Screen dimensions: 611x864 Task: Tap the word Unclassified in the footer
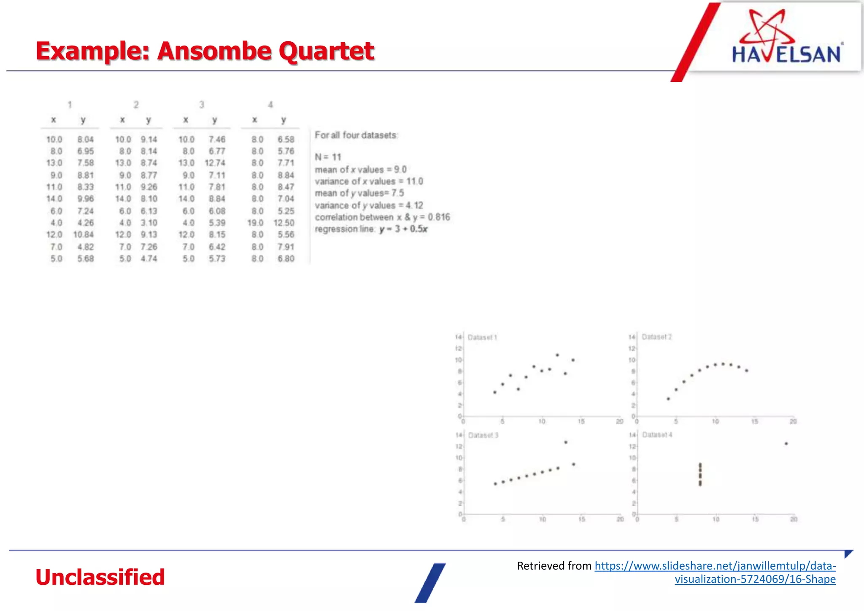[x=100, y=577]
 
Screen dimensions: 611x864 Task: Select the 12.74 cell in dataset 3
[x=215, y=163]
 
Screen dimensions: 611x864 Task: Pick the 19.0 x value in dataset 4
[x=256, y=223]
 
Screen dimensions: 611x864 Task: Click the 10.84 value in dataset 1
[x=84, y=234]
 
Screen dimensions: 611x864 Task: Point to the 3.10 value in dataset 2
[x=149, y=223]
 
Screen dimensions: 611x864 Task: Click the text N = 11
[x=328, y=157]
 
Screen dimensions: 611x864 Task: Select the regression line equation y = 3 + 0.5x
[x=403, y=229]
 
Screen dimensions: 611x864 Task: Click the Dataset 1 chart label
[x=482, y=337]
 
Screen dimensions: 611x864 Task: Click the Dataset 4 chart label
[x=657, y=435]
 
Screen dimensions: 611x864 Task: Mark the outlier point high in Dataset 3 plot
[x=566, y=442]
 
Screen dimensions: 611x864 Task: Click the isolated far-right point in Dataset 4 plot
[x=786, y=444]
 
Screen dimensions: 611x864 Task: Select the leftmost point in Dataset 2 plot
[x=668, y=399]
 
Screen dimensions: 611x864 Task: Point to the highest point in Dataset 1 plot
[x=557, y=355]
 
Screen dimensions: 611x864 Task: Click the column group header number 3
[x=202, y=105]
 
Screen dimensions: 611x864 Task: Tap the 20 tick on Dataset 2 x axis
[x=793, y=422]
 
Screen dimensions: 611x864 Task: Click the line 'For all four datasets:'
[x=356, y=135]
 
